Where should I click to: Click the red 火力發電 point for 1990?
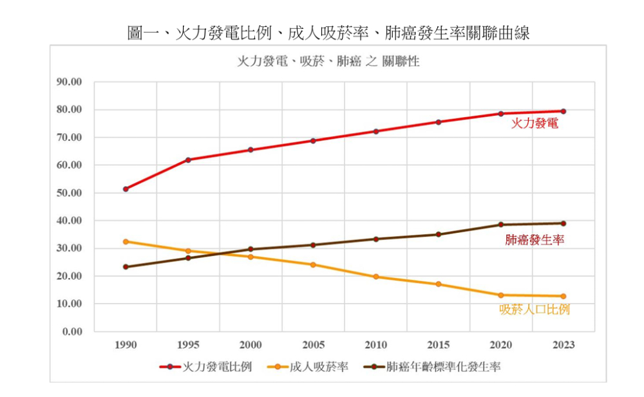click(x=126, y=189)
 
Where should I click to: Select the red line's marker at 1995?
click(x=188, y=160)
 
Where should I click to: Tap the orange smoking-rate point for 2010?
click(x=376, y=277)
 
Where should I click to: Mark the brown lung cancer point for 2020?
click(x=501, y=225)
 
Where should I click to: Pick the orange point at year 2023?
click(x=563, y=296)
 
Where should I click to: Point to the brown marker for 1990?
click(x=126, y=267)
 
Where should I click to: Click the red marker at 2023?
click(x=563, y=111)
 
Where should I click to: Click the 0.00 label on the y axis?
click(x=73, y=331)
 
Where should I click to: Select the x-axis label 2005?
click(x=313, y=346)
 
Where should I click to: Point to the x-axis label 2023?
click(x=563, y=346)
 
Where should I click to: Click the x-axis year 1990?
click(x=126, y=346)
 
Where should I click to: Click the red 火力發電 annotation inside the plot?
click(x=535, y=123)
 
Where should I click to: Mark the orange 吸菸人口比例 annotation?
click(x=535, y=309)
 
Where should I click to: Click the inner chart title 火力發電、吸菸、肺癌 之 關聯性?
click(x=328, y=62)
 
